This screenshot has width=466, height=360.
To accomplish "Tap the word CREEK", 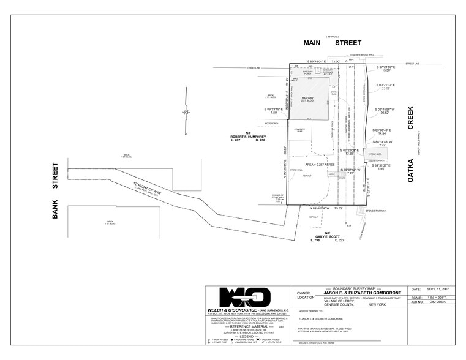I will pyautogui.click(x=411, y=118).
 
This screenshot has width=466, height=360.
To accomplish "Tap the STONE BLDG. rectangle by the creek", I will pyautogui.click(x=374, y=154).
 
